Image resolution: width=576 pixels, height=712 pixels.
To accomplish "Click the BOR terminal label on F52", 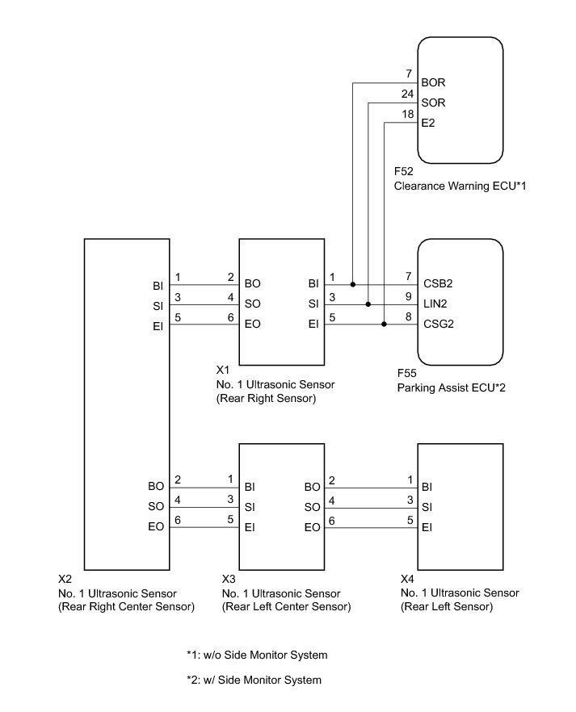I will click(x=433, y=82).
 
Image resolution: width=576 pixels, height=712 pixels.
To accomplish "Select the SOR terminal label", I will click(x=433, y=103).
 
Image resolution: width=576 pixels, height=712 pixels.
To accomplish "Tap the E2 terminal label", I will click(x=428, y=123).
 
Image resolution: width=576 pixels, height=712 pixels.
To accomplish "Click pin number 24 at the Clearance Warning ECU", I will click(x=407, y=94).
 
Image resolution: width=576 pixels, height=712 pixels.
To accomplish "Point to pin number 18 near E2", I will click(x=407, y=114).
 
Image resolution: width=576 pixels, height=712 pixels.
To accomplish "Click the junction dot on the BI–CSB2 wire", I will click(x=354, y=284).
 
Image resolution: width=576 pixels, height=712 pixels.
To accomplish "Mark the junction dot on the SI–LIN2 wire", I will click(x=368, y=304).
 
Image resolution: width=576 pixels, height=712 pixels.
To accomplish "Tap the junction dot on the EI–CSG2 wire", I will click(x=383, y=325).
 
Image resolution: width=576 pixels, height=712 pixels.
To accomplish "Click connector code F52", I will click(x=404, y=172).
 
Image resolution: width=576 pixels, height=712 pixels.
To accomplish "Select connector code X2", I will click(x=65, y=579).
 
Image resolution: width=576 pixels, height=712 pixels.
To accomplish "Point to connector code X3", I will click(x=229, y=579).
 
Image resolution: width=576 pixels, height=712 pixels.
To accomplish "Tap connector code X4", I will click(x=408, y=579).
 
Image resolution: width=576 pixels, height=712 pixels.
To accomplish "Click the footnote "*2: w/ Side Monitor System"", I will click(x=254, y=680).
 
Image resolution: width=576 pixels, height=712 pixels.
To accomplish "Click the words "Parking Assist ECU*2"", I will click(x=452, y=387).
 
